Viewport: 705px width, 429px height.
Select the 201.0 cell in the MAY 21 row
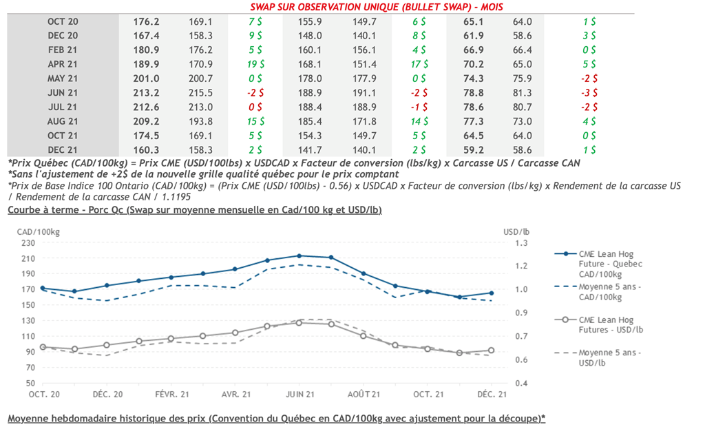(x=146, y=79)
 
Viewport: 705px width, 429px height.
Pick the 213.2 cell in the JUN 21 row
(x=146, y=93)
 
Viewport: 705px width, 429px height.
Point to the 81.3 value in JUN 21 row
(x=522, y=93)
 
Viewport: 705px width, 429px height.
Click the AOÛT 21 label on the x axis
(x=364, y=394)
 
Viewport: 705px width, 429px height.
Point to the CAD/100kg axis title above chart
(x=39, y=231)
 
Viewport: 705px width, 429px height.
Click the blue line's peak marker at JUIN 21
(x=299, y=255)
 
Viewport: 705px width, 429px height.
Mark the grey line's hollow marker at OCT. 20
(x=43, y=347)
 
